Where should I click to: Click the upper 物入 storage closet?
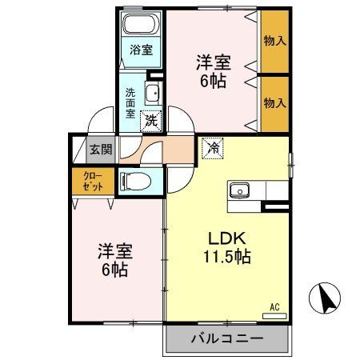(274, 40)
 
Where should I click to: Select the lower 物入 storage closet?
(274, 101)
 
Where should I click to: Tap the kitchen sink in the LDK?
(241, 190)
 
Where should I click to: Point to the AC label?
(274, 306)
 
